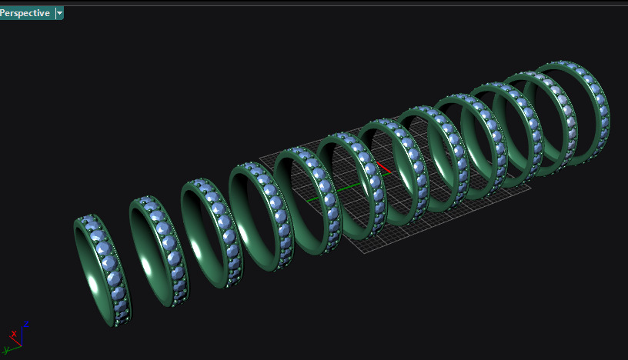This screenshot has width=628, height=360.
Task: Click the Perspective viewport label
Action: [25, 13]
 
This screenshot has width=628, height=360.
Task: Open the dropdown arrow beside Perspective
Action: [60, 13]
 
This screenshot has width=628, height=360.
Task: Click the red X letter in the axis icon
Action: [13, 334]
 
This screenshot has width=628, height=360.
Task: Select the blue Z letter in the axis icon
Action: [26, 325]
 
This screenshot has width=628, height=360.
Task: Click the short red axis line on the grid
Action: [384, 168]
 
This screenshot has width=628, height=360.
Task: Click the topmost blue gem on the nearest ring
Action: [89, 222]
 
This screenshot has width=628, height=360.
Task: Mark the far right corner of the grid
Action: [530, 185]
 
